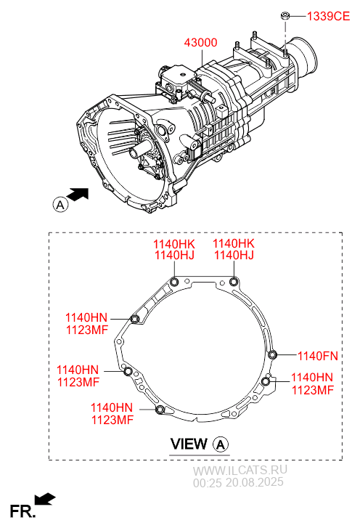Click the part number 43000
[200, 43]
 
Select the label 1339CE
[328, 16]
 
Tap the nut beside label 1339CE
[285, 15]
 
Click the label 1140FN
[317, 356]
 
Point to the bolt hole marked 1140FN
[272, 354]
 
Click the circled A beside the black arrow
[60, 204]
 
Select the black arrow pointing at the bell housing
[78, 195]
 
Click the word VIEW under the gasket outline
[189, 444]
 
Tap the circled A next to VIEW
[221, 444]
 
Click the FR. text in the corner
[22, 511]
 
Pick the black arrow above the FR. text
[45, 499]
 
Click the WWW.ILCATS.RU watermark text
[240, 470]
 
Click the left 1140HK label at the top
[174, 244]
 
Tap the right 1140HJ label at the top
[234, 255]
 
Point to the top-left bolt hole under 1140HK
[174, 282]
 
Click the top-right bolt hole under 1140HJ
[234, 282]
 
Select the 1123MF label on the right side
[313, 390]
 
